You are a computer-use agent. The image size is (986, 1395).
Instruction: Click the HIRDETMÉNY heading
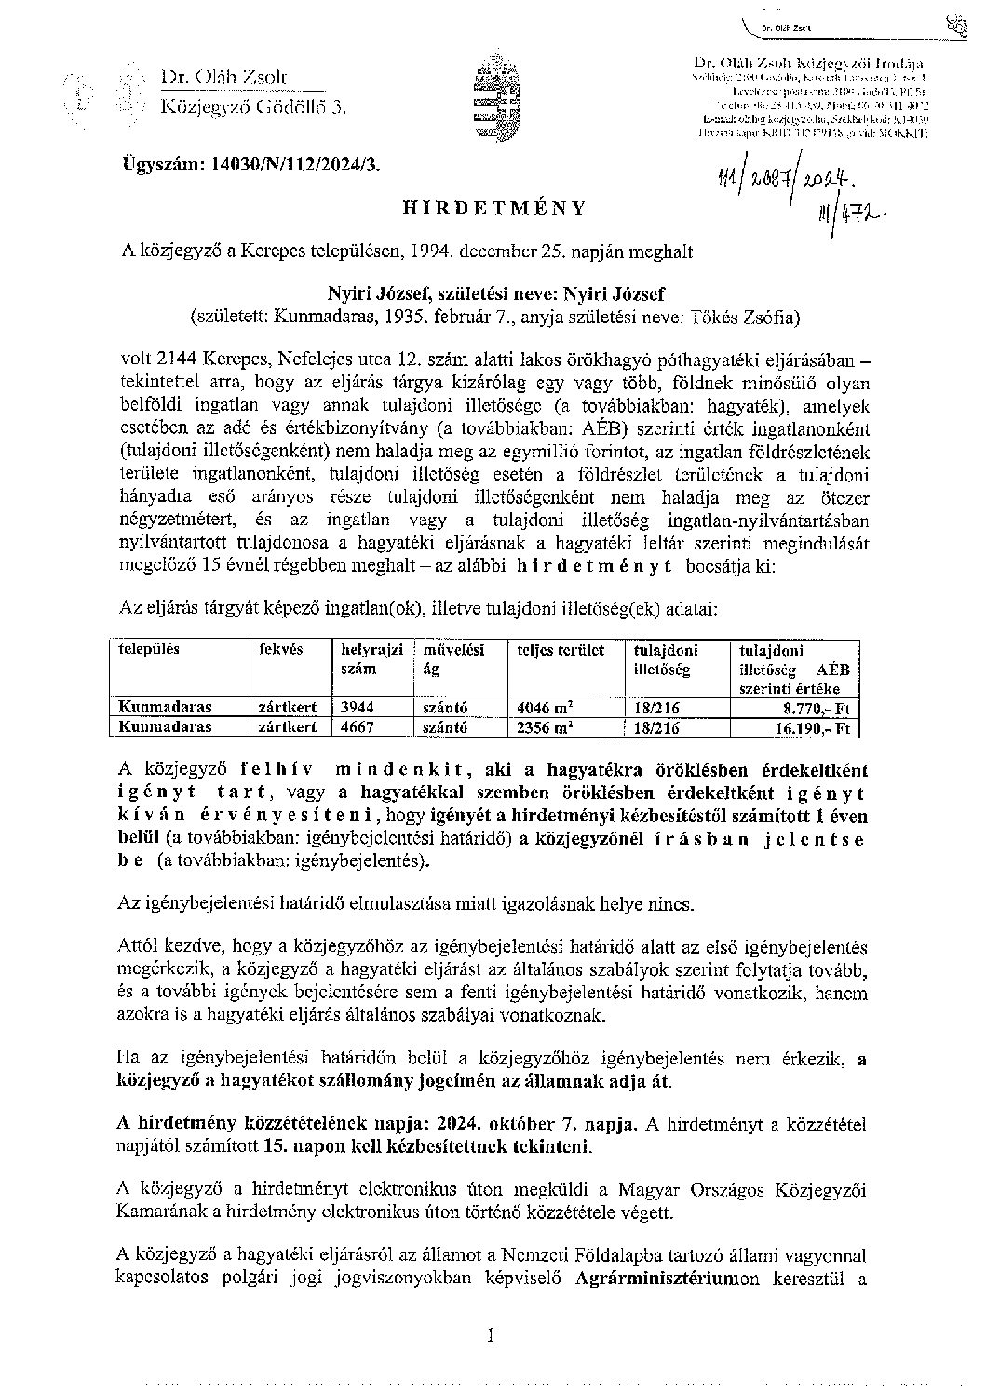coord(493,208)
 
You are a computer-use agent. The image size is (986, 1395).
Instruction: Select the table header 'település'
coord(145,650)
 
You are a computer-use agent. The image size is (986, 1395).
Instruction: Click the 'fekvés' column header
coord(278,650)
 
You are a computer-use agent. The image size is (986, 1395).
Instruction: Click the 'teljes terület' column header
coord(561,650)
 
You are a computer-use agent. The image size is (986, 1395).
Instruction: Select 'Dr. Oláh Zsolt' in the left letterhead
coord(224,78)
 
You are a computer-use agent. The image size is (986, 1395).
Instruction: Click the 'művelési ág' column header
coord(453,658)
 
